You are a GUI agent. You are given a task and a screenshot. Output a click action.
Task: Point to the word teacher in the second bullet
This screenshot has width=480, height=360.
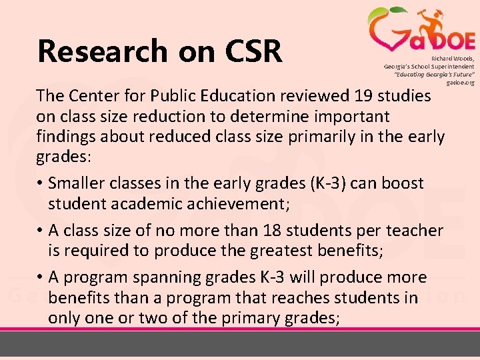413,231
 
